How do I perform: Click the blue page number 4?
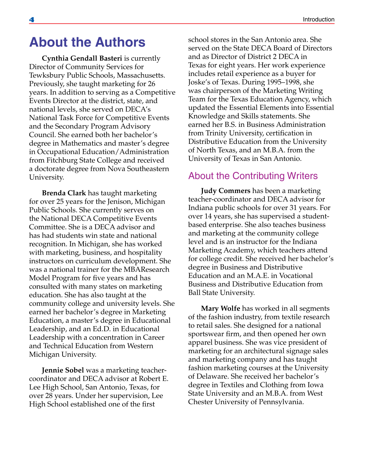(x=31, y=20)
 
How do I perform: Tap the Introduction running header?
(x=318, y=19)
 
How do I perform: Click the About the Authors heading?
(x=87, y=42)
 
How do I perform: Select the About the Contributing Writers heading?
(x=253, y=176)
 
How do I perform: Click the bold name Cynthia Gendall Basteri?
(x=82, y=58)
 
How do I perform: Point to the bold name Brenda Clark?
(x=64, y=193)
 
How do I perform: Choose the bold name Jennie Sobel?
(x=63, y=370)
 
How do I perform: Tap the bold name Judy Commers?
(x=226, y=191)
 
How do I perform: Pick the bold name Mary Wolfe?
(x=220, y=308)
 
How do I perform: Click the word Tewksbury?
(x=47, y=75)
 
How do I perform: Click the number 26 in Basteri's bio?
(x=151, y=84)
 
